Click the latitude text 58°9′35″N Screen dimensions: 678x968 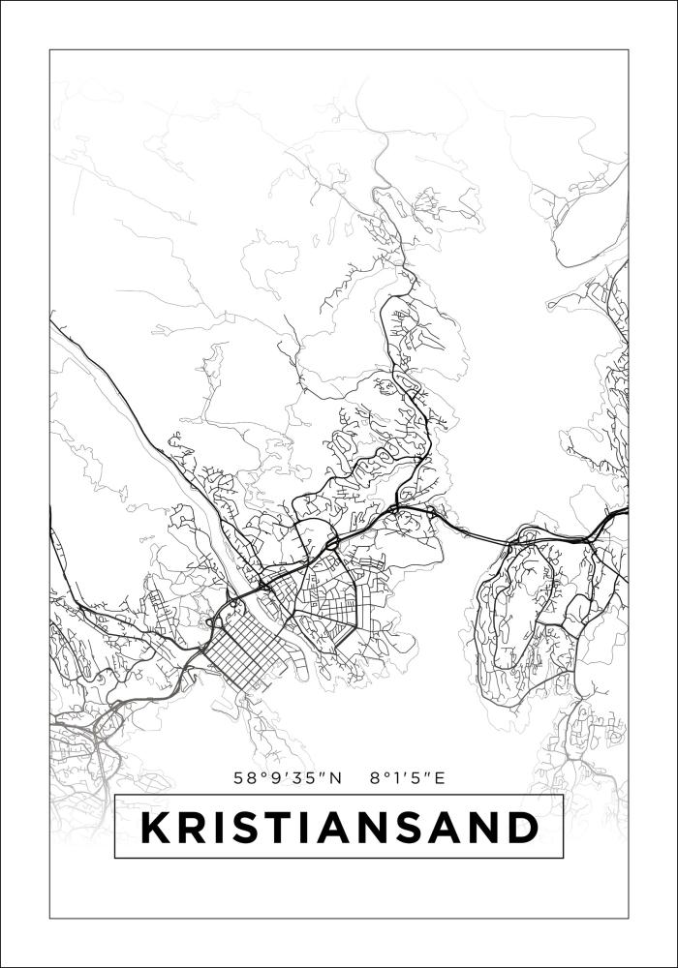[288, 776]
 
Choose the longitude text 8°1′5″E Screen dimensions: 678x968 [407, 776]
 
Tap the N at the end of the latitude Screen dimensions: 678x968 [336, 776]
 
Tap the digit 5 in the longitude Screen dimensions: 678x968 [416, 776]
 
